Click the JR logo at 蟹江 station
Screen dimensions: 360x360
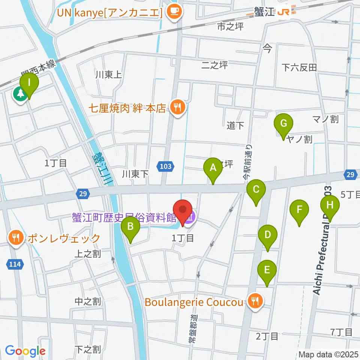(x=283, y=13)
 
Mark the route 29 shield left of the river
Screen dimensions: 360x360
(x=83, y=193)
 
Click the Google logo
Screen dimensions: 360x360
(x=25, y=351)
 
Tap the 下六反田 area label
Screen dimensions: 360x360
(x=299, y=67)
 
